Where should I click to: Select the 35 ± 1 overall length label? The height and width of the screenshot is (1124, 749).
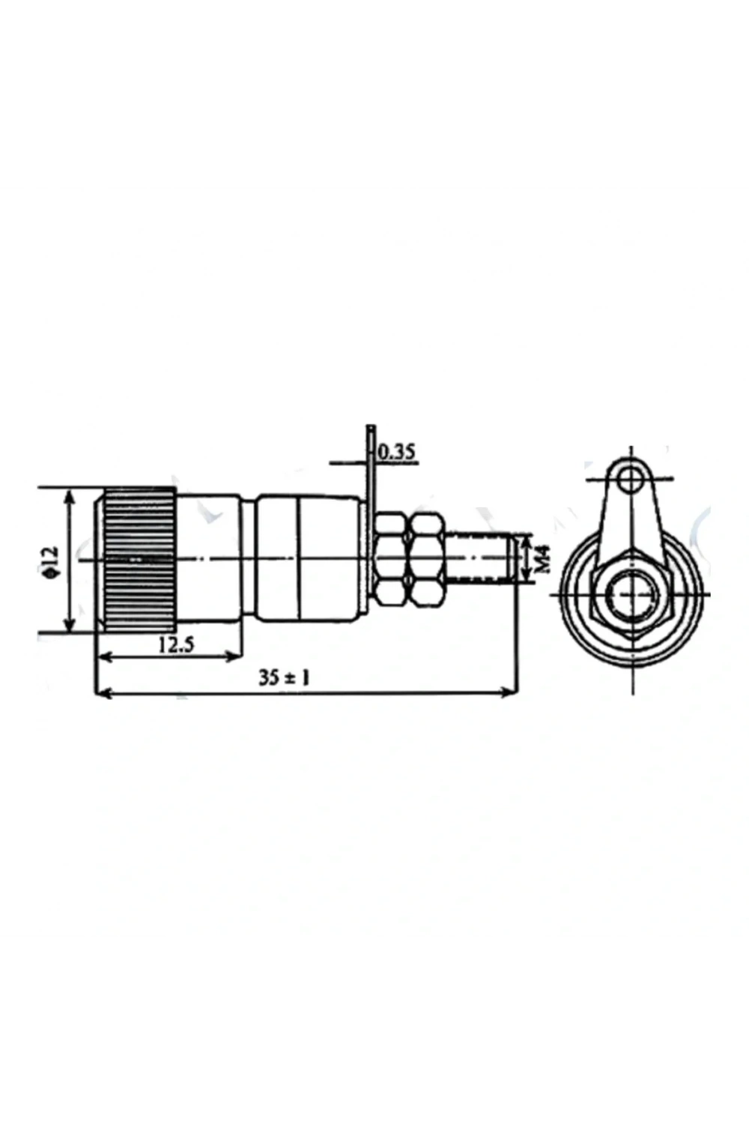[284, 679]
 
